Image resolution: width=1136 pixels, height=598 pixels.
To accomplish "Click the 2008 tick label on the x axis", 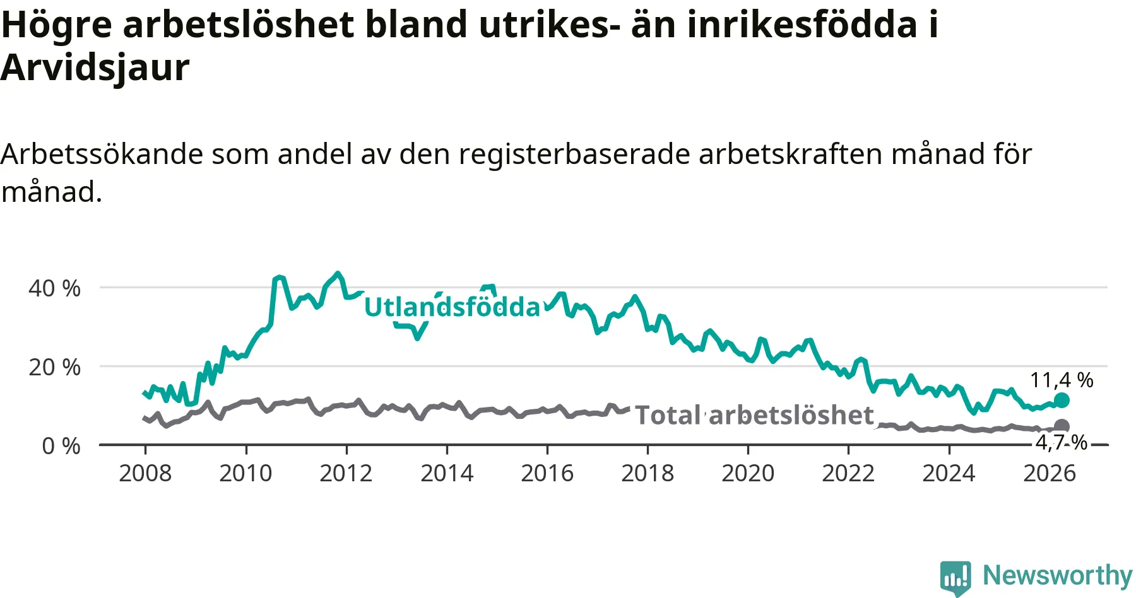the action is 145,473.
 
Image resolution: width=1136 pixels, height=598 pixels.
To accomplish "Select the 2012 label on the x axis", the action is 346,473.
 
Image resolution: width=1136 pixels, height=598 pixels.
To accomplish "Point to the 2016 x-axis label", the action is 547,473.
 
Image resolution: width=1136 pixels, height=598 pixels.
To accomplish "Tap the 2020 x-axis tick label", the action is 748,473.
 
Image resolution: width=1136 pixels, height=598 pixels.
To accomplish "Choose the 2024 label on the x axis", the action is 949,473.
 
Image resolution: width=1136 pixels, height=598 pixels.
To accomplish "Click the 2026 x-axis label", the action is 1049,473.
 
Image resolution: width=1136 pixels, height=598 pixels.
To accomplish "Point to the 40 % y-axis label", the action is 54,288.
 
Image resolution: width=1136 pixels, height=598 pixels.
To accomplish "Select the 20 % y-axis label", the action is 54,367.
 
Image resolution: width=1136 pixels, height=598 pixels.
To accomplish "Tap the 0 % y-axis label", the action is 61,446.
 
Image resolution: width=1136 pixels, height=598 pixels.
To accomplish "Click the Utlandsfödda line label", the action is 453,307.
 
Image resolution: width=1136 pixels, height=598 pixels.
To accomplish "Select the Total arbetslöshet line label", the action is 754,415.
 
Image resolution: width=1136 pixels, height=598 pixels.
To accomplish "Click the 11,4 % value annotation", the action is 1062,380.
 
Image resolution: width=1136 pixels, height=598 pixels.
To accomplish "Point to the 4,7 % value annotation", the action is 1062,443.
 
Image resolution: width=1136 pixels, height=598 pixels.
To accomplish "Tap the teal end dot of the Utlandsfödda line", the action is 1062,400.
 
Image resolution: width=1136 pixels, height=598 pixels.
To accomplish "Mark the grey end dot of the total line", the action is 1062,426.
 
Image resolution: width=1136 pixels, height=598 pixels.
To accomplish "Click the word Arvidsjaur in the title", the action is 95,67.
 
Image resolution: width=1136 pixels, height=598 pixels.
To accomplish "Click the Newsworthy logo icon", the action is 956,578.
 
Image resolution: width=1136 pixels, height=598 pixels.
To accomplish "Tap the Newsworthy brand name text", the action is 1058,575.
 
